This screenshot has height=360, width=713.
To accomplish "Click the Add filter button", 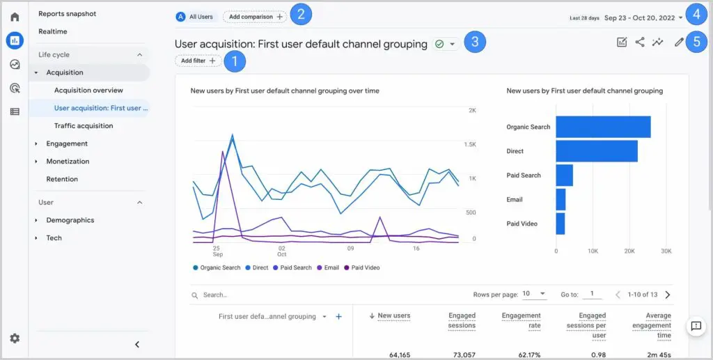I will (x=198, y=61).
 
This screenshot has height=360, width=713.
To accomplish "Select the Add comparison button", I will (x=254, y=16).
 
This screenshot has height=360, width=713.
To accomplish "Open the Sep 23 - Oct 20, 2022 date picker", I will (x=643, y=17).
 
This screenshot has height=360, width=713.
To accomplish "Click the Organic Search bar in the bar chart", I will (x=603, y=127).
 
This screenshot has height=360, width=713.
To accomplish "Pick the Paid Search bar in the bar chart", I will (x=564, y=175).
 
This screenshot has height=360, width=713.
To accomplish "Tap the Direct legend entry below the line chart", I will (x=257, y=267).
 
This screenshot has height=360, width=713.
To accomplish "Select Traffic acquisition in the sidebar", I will (x=84, y=126).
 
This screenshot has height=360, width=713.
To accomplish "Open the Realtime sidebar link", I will (x=53, y=32).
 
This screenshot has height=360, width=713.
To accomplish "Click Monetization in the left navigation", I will (x=68, y=162).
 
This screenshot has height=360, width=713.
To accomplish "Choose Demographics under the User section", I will (x=70, y=220).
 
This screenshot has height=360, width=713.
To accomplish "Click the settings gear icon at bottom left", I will (x=15, y=338).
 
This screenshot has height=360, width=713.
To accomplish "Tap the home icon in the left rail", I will (x=15, y=17).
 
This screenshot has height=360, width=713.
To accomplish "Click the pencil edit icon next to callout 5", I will (x=679, y=42).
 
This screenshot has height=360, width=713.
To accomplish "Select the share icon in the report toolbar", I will (x=640, y=42).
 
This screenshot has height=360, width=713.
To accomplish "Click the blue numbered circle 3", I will (x=474, y=42).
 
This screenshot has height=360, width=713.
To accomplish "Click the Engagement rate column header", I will (x=521, y=320).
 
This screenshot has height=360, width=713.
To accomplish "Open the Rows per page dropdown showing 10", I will (x=533, y=295).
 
